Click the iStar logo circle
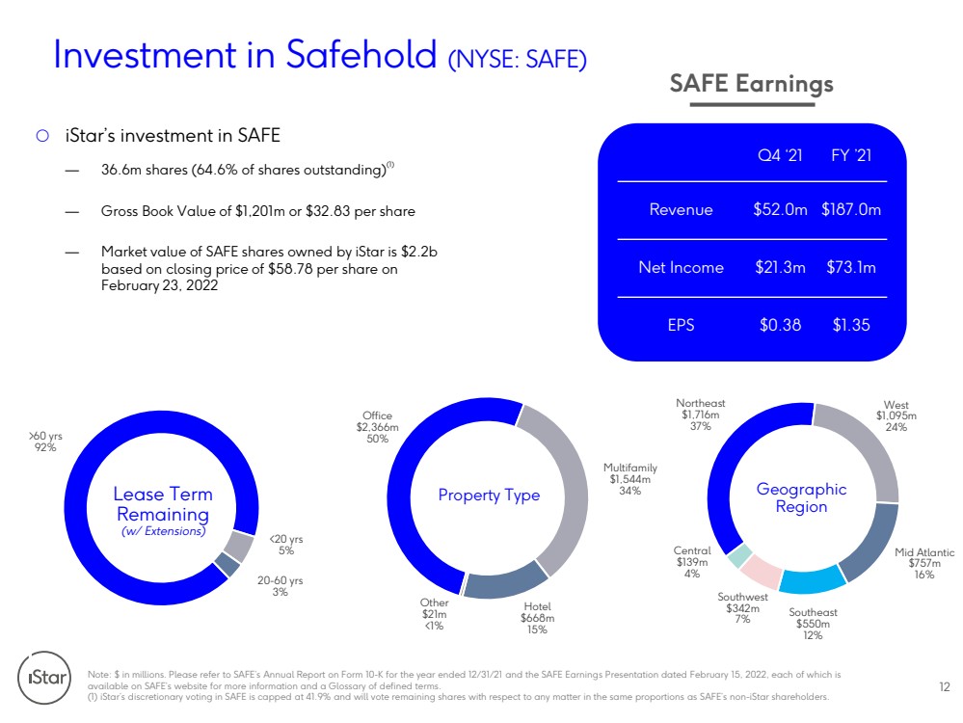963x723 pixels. (44, 678)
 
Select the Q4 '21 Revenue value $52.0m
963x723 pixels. (780, 209)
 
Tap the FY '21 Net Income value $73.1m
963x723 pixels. (851, 267)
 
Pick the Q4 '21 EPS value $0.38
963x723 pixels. (780, 325)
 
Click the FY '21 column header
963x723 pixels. (851, 155)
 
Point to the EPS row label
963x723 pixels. (682, 325)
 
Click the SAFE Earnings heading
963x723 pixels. (751, 84)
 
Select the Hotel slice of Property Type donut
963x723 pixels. (505, 580)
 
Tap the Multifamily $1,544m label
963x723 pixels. (630, 479)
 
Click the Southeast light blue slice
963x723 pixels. (812, 579)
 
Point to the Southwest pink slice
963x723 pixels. (761, 570)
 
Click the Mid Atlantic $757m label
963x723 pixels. (924, 563)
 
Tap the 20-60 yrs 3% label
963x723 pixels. (281, 586)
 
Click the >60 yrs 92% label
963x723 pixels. (45, 442)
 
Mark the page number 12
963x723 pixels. (945, 686)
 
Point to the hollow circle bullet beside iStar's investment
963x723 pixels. (42, 136)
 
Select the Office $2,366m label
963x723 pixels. (377, 427)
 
